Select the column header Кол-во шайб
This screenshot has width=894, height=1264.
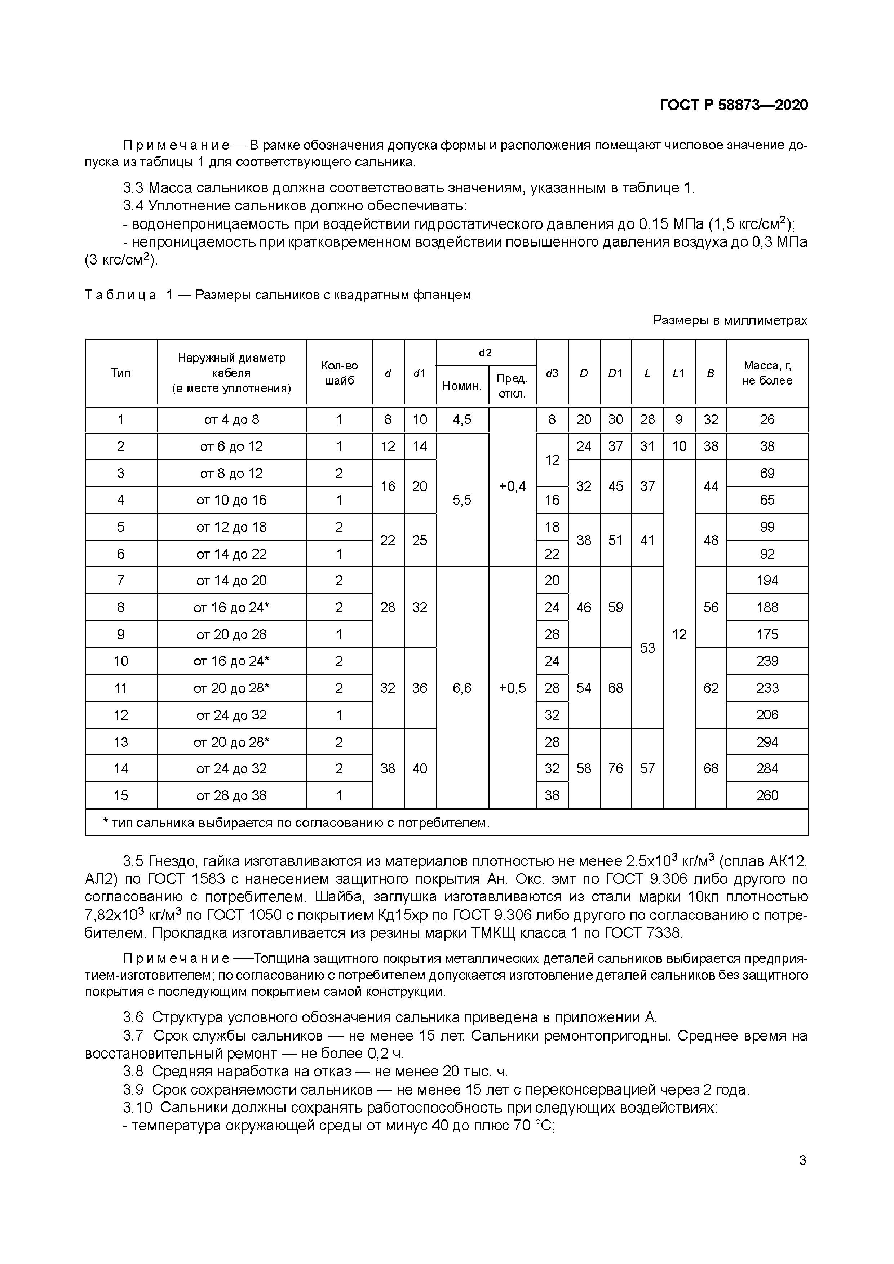point(339,373)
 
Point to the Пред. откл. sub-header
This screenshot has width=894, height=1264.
point(512,385)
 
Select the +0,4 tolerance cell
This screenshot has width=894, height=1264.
point(512,486)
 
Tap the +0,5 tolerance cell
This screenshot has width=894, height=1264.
point(512,688)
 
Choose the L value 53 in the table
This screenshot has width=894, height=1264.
point(647,647)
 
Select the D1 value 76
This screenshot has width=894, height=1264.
point(615,768)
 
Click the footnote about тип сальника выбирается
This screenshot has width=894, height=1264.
point(296,823)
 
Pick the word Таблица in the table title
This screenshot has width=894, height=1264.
point(120,295)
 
